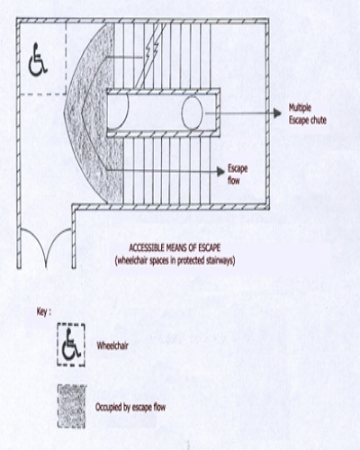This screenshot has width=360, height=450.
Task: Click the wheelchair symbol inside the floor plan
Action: tap(38, 59)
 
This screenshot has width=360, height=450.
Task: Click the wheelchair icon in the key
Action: tap(71, 345)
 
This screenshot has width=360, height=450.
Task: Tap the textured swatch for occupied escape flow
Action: tap(71, 407)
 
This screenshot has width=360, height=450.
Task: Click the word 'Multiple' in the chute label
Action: tap(300, 108)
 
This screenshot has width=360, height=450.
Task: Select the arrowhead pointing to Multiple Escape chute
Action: tap(277, 113)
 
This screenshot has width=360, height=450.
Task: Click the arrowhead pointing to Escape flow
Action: tap(220, 172)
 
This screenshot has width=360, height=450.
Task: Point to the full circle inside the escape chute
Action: tap(193, 112)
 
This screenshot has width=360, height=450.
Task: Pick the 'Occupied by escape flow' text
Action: tap(130, 407)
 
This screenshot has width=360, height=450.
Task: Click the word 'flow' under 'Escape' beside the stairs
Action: tap(233, 181)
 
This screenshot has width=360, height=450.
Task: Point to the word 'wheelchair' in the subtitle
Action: tap(132, 260)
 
